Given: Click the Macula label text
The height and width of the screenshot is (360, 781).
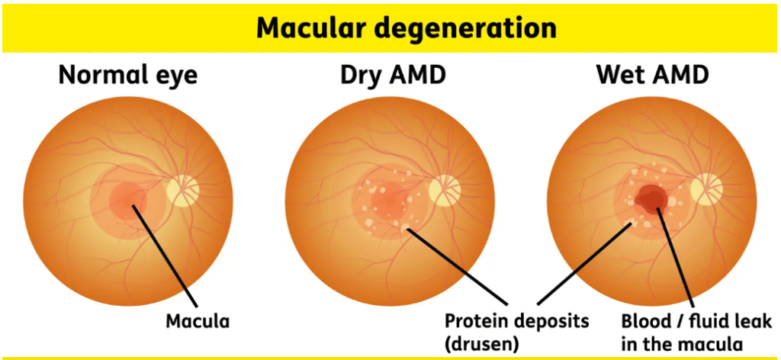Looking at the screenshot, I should [x=198, y=320].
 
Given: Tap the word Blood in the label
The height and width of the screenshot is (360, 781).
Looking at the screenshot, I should [x=644, y=320].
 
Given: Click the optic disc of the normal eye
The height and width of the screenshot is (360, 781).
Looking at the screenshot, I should [x=183, y=191].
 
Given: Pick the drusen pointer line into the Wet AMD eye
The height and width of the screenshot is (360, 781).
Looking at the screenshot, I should [x=587, y=263].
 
